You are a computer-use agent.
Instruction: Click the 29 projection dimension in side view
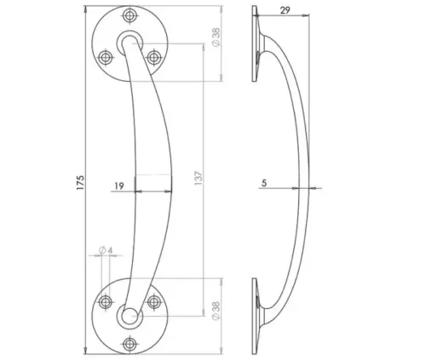pos(285,11)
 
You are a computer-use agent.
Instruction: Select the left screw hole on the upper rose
pos(106,57)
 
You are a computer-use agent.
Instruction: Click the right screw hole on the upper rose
pos(154,57)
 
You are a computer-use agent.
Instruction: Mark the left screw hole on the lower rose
pos(106,301)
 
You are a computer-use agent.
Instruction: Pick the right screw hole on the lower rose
pos(154,301)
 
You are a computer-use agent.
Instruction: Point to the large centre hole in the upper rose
pos(130,41)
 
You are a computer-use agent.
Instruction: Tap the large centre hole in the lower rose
pos(130,317)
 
